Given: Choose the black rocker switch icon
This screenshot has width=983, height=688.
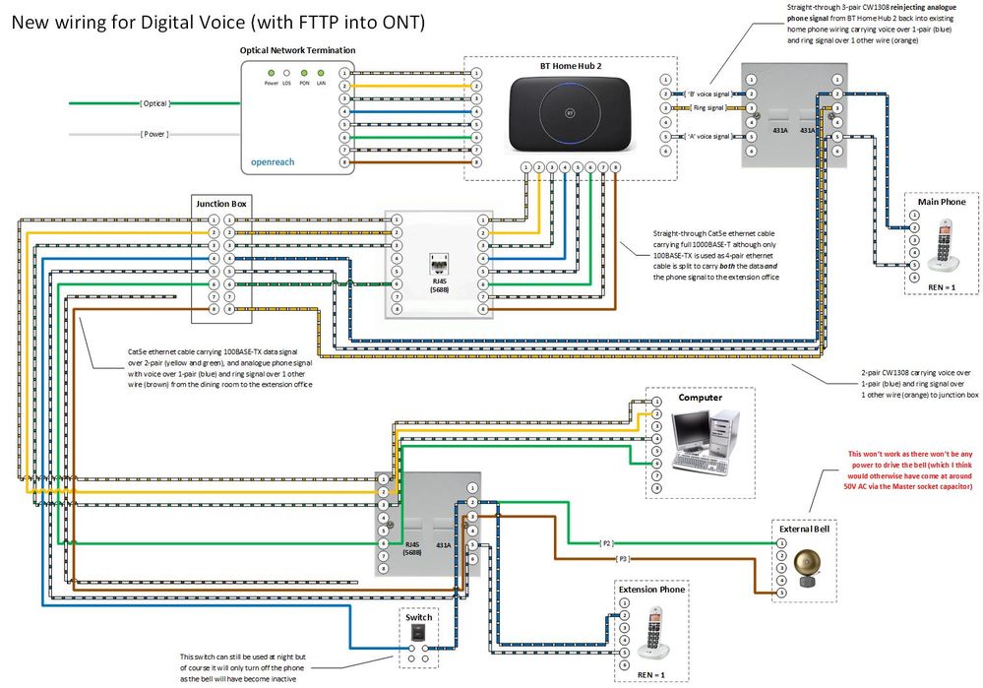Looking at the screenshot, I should tap(418, 635).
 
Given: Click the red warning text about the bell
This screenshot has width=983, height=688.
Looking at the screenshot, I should tap(910, 470).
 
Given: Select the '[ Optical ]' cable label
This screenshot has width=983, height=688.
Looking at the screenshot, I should tap(154, 102).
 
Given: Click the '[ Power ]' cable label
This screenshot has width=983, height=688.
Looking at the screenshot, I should tap(154, 134).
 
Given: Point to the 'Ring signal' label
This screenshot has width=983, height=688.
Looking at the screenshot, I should tap(708, 107).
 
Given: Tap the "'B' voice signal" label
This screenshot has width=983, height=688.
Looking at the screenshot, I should tap(707, 94).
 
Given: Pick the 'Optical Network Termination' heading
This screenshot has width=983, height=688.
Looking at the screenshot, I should tap(298, 50).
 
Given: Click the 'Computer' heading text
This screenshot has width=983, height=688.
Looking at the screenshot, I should tap(700, 398).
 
